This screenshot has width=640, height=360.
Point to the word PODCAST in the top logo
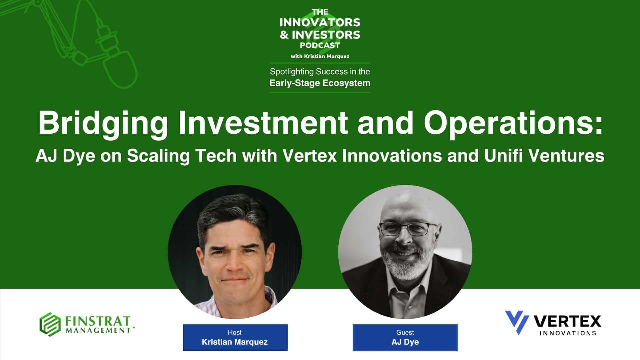320,45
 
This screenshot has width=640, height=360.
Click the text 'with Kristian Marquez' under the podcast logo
320,56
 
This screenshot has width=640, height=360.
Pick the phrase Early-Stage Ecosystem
320,83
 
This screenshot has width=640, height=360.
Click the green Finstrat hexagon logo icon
50,324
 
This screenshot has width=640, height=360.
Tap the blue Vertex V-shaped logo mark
517,322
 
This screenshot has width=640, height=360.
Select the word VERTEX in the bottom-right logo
568,321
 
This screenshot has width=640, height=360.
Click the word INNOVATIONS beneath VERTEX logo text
568,333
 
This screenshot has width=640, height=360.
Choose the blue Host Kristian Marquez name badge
235,337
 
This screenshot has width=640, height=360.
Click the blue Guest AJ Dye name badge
405,337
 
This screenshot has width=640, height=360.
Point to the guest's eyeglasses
408,229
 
